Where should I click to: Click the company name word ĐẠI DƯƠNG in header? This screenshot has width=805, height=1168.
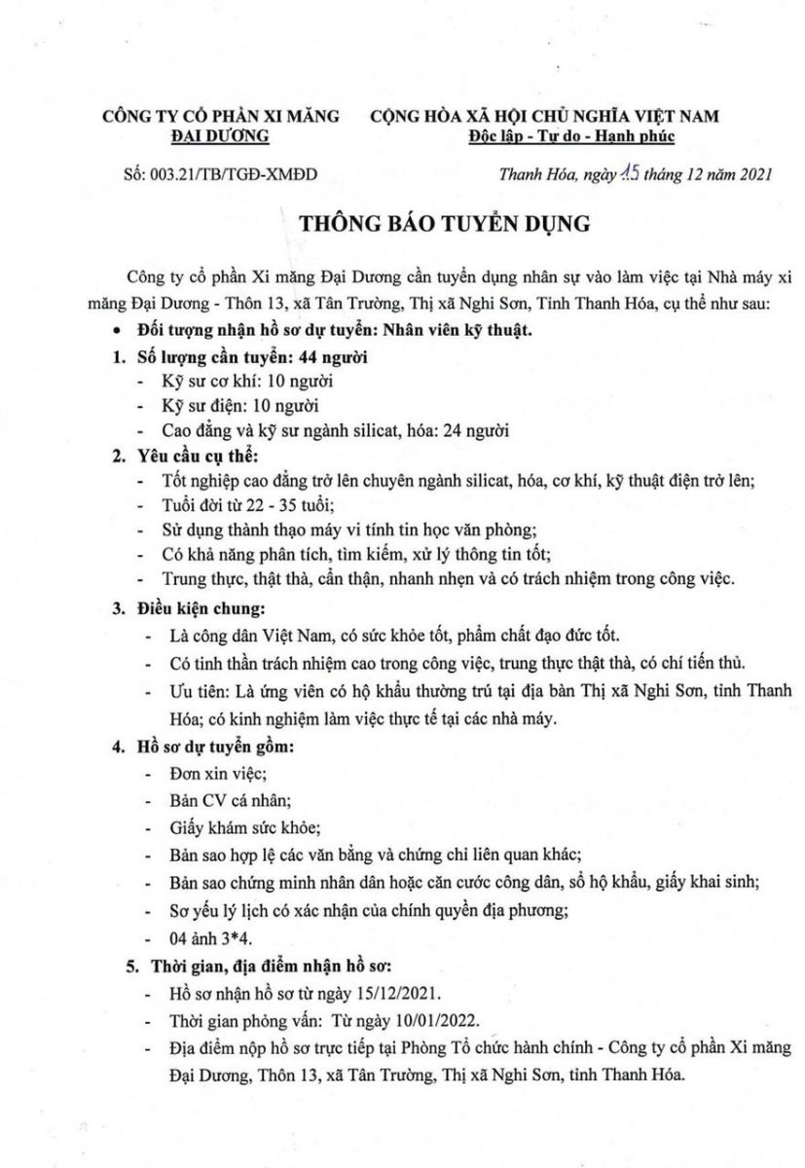point(221,136)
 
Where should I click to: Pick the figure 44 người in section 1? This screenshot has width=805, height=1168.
point(332,357)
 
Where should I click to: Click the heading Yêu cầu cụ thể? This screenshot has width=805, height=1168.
point(198,456)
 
